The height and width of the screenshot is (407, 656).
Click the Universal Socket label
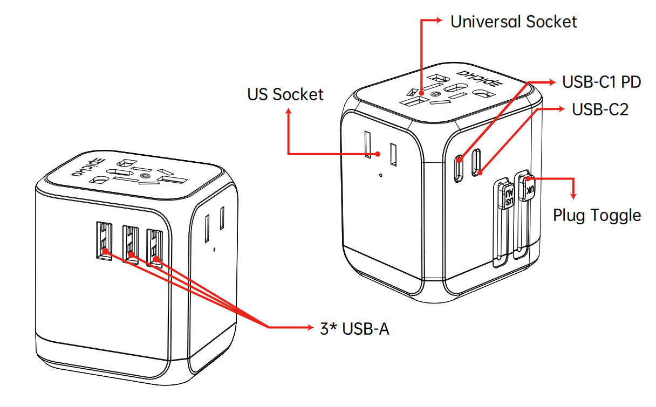(x=514, y=22)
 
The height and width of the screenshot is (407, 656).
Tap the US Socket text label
(x=285, y=94)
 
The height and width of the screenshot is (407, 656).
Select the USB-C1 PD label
(x=602, y=82)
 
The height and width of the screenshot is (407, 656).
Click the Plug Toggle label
(x=597, y=216)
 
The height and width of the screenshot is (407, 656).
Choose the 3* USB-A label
(x=354, y=329)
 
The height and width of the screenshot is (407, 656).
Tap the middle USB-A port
(x=130, y=244)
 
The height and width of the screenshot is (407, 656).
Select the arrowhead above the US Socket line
(x=289, y=111)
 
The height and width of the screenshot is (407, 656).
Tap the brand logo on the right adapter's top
(x=471, y=79)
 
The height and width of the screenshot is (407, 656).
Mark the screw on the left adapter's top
(x=143, y=176)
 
